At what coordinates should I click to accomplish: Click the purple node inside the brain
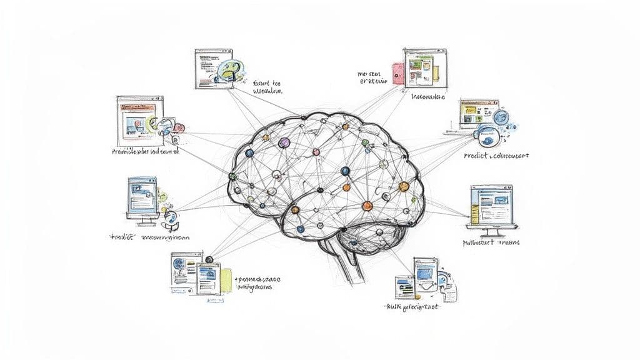coord(284,143)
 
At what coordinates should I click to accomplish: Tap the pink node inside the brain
coord(316,151)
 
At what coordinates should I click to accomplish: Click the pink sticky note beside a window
coord(396,72)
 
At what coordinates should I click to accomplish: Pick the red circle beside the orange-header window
coord(179,127)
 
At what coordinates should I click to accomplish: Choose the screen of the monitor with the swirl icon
coord(141,196)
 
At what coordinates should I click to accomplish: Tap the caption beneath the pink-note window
coord(428,97)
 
